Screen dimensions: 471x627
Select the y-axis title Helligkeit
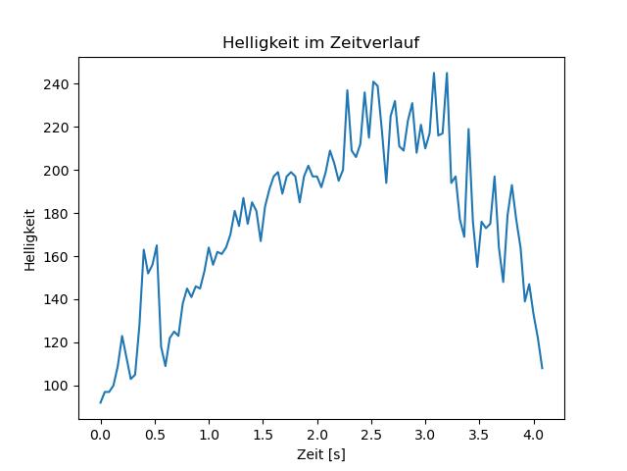(31, 238)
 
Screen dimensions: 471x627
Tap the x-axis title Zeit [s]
(321, 454)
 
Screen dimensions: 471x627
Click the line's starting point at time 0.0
(100, 402)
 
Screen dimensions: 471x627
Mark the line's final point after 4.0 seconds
(542, 368)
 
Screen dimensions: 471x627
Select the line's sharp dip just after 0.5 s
(166, 366)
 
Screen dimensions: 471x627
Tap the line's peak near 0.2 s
(122, 337)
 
